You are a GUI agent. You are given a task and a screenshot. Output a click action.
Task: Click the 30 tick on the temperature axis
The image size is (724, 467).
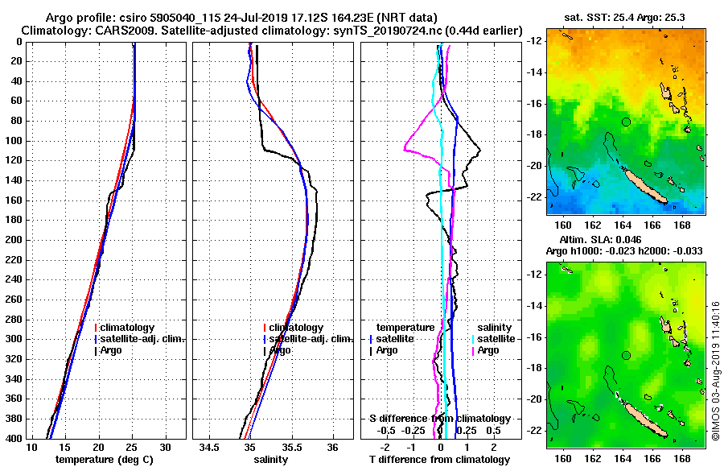pyautogui.click(x=165, y=447)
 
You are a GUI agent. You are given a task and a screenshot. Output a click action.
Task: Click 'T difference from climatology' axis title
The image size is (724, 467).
pyautogui.click(x=439, y=460)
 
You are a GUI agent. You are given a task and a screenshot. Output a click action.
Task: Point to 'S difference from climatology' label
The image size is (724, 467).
pyautogui.click(x=439, y=419)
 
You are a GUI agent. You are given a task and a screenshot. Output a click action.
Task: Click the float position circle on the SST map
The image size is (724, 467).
pyautogui.click(x=626, y=122)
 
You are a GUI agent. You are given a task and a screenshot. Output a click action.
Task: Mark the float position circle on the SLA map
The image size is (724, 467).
pyautogui.click(x=626, y=355)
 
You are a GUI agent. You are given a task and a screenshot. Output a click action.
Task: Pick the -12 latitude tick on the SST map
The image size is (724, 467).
pyautogui.click(x=536, y=41)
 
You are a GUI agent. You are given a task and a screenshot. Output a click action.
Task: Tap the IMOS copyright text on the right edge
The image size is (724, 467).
pyautogui.click(x=715, y=370)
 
